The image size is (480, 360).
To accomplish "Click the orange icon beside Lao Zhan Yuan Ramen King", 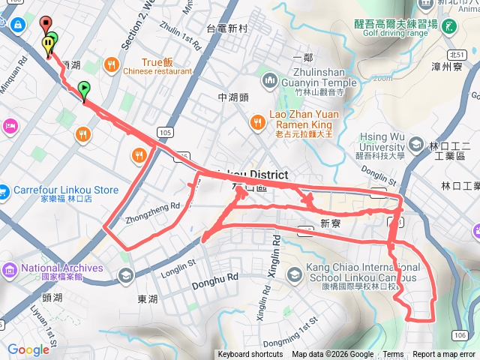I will (x=257, y=120).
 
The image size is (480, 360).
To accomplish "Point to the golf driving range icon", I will (x=448, y=26).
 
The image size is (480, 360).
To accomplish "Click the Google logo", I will (x=28, y=349).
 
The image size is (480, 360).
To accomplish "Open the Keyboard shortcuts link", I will (x=250, y=355).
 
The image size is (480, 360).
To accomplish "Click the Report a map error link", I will (x=444, y=355).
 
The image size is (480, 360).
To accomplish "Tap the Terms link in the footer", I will (x=393, y=355).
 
